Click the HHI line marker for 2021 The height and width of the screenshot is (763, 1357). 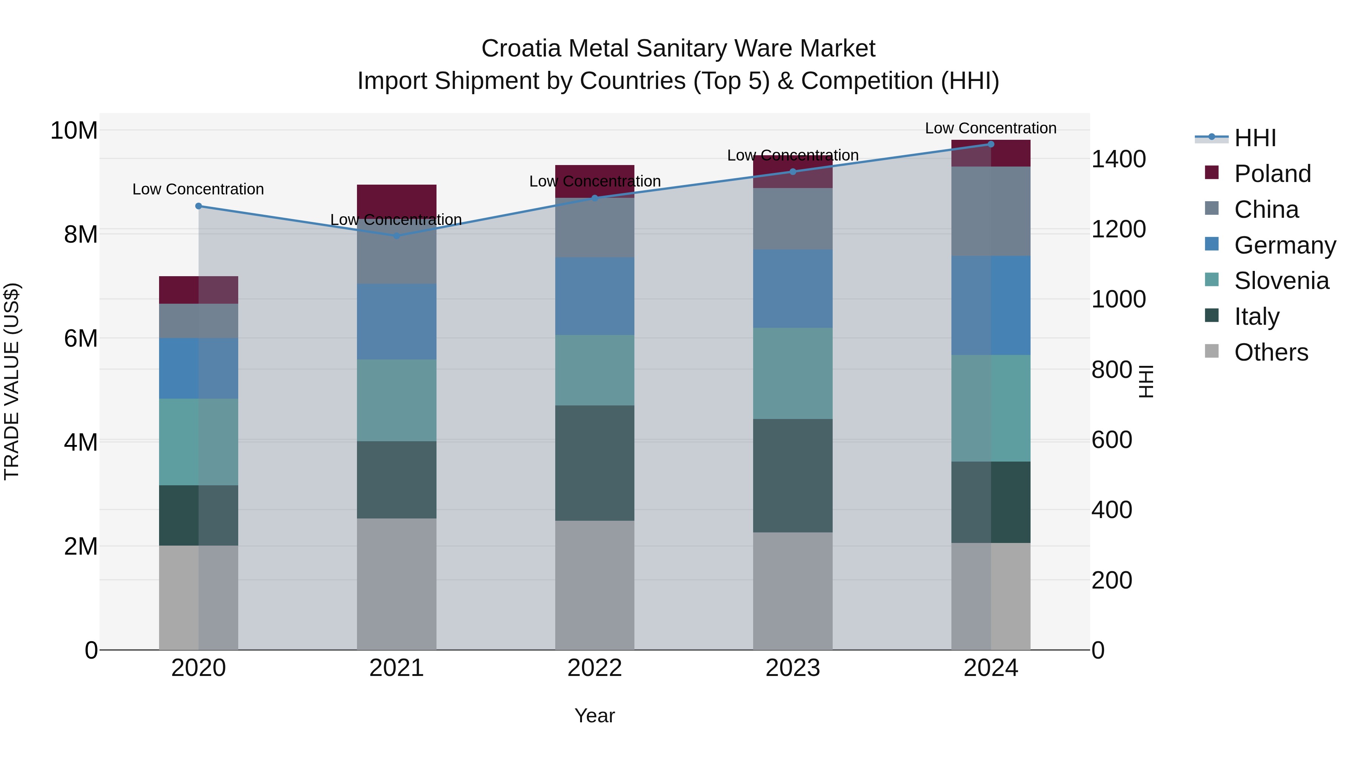click(397, 235)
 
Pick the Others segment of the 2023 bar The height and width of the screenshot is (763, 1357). click(793, 591)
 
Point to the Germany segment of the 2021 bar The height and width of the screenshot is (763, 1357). click(397, 322)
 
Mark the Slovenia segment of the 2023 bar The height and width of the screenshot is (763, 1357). click(793, 373)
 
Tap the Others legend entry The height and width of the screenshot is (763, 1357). click(1271, 352)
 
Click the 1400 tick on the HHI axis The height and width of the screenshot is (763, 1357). click(1118, 159)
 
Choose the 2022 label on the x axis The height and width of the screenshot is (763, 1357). click(595, 668)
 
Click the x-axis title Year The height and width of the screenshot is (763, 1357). click(595, 716)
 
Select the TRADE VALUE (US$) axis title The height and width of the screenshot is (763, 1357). click(12, 381)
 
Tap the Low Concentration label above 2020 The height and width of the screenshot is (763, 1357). click(198, 189)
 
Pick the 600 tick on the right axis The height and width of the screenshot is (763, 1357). click(1112, 440)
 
